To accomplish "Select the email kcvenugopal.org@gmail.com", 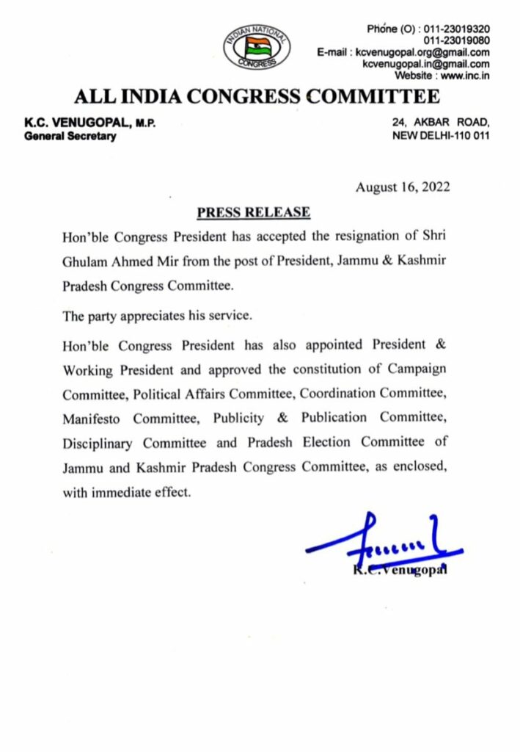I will coord(422,52).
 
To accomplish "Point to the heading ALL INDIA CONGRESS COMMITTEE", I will coord(257,97).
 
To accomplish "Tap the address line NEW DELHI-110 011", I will coord(442,136).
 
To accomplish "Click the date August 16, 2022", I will coord(403,187).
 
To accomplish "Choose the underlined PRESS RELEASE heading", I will coord(253,213).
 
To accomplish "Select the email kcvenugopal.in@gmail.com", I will coord(426,64).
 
